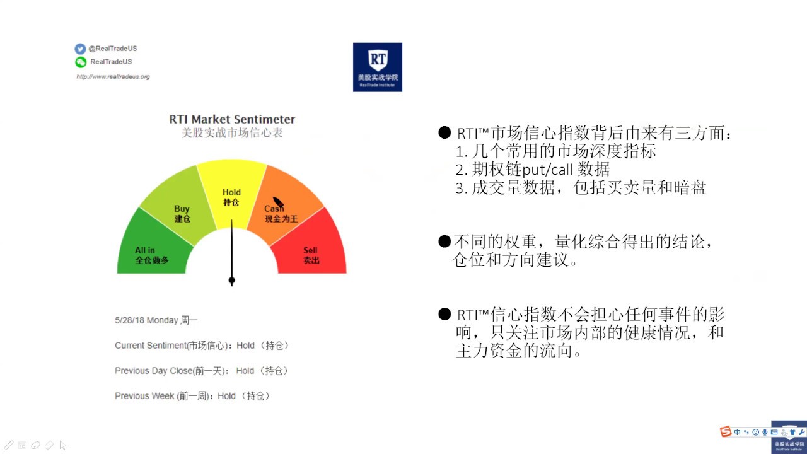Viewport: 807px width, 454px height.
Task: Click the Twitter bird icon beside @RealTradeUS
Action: point(80,49)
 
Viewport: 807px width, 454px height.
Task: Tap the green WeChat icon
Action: point(80,62)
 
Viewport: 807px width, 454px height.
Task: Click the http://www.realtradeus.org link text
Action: point(113,77)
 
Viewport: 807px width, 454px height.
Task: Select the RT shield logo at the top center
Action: point(377,67)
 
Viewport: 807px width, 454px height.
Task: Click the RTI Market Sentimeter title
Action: point(232,119)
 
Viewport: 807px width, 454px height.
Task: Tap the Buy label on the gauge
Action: point(182,209)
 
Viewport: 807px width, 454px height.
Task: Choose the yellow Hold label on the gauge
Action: point(231,193)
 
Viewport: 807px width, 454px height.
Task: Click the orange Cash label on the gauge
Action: point(274,209)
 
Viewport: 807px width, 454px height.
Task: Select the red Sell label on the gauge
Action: point(310,251)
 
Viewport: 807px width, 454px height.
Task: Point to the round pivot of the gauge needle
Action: point(231,280)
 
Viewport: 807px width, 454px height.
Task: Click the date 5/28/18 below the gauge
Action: point(129,321)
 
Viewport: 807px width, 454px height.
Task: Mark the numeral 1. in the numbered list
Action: point(461,152)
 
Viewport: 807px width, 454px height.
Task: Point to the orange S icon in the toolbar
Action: point(726,432)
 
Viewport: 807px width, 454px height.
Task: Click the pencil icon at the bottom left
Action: point(9,445)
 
